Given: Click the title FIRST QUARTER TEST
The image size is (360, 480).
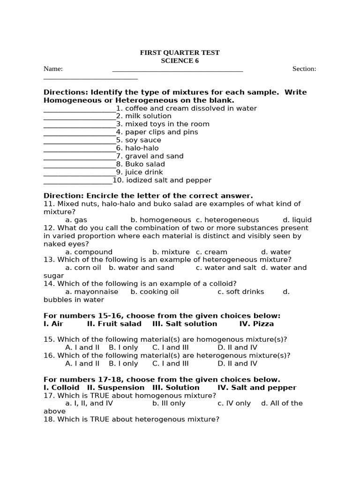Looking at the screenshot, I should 180,53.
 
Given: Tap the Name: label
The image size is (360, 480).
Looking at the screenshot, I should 53,69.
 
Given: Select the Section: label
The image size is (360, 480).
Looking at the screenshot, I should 304,69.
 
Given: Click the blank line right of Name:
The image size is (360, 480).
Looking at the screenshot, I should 178,70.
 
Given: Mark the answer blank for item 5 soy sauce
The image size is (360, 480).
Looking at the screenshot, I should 79,141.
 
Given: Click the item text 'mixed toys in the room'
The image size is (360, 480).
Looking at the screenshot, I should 167,124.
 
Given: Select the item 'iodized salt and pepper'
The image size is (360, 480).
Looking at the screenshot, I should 168,180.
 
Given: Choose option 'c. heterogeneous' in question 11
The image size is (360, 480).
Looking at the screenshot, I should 227,220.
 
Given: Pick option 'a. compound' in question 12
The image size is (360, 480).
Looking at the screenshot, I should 89,252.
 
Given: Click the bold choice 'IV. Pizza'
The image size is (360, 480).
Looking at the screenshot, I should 256,324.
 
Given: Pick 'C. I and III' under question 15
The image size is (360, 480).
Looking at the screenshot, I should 170,347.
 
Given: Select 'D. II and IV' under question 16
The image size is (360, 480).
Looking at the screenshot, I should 237,363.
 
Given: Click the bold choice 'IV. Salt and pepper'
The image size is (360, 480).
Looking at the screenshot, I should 257,388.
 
